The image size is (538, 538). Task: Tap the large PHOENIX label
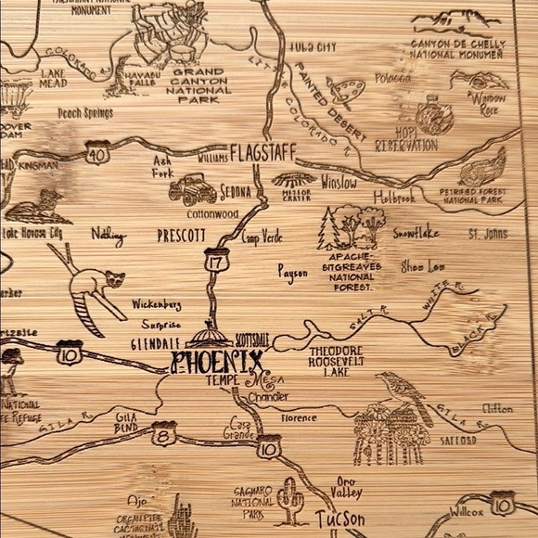click(x=218, y=361)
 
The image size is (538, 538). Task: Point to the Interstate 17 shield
click(x=217, y=263)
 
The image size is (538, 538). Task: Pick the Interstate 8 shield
click(x=164, y=432)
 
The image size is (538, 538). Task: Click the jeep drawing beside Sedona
click(x=193, y=189)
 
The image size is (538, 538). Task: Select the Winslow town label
click(x=339, y=184)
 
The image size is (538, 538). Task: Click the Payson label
click(x=293, y=271)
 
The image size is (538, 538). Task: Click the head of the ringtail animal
click(x=115, y=277)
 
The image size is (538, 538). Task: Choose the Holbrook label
click(x=394, y=197)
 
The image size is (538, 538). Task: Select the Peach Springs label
click(x=85, y=114)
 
